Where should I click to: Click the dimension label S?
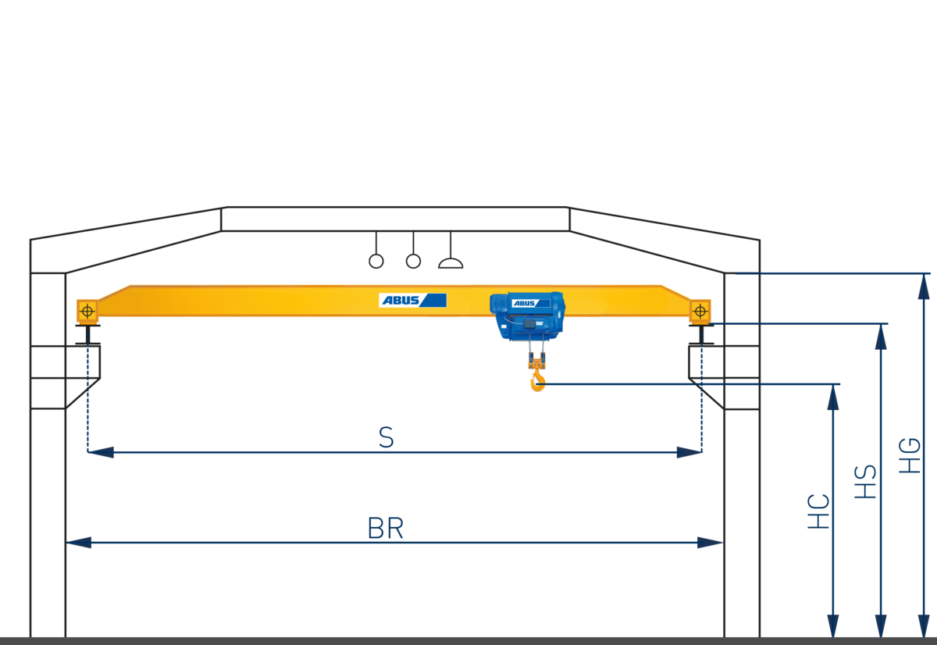click(x=386, y=437)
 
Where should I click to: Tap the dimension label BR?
click(x=386, y=529)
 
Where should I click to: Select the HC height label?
click(x=818, y=511)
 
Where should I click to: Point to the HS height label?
click(x=865, y=482)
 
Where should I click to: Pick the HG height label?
click(x=910, y=456)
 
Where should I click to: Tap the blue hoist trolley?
click(x=528, y=315)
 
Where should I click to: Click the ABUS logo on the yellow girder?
click(x=412, y=300)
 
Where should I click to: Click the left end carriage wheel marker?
click(x=87, y=311)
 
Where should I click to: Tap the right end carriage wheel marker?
click(x=700, y=311)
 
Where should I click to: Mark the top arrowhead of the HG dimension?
click(x=924, y=287)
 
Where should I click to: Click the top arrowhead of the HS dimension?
click(x=881, y=337)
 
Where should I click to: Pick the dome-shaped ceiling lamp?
click(x=451, y=263)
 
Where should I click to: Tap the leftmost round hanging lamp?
click(x=376, y=261)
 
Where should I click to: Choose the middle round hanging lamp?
click(x=413, y=261)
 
